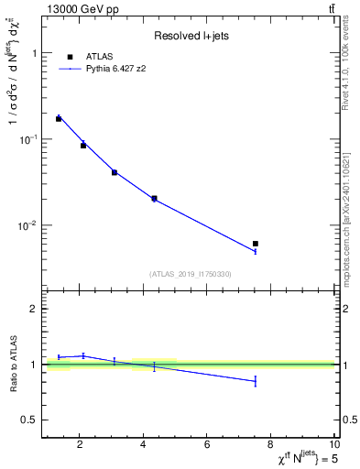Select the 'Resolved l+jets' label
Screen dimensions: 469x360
190,36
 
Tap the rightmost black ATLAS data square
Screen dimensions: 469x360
256,244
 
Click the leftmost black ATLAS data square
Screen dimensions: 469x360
59,119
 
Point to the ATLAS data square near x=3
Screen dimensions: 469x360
115,172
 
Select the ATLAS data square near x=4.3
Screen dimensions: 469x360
154,198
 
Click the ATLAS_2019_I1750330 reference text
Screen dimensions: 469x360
191,274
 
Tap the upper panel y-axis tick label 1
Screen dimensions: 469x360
34,53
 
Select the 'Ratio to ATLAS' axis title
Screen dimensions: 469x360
13,364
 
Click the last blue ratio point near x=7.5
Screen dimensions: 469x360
256,381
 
